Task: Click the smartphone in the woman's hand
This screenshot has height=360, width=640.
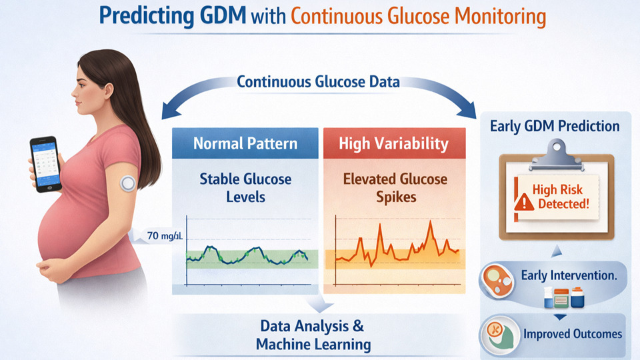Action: pyautogui.click(x=45, y=164)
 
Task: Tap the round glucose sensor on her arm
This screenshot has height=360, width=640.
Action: pyautogui.click(x=128, y=183)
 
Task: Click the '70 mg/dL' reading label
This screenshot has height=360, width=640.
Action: pyautogui.click(x=165, y=236)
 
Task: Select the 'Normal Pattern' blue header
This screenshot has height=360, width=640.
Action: pyautogui.click(x=245, y=143)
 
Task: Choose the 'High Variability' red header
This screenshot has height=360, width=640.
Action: pyautogui.click(x=394, y=143)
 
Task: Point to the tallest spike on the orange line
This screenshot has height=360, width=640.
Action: pyautogui.click(x=430, y=221)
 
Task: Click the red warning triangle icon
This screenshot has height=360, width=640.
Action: pyautogui.click(x=524, y=202)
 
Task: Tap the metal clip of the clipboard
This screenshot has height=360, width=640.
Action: pyautogui.click(x=556, y=155)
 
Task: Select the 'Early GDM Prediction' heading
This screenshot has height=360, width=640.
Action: pyautogui.click(x=555, y=126)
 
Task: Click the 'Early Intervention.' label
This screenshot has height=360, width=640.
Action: pyautogui.click(x=569, y=275)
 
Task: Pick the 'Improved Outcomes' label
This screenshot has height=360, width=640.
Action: pyautogui.click(x=573, y=334)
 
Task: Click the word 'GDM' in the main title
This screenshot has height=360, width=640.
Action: pyautogui.click(x=223, y=15)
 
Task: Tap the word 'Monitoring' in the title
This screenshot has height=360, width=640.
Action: pyautogui.click(x=500, y=16)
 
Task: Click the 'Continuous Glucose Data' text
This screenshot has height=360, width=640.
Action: pyautogui.click(x=319, y=81)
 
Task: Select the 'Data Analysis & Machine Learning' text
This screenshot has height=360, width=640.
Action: pyautogui.click(x=313, y=335)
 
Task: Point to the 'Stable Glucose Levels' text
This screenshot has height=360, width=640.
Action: pyautogui.click(x=246, y=188)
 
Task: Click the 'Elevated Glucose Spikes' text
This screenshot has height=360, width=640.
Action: pyautogui.click(x=395, y=188)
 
